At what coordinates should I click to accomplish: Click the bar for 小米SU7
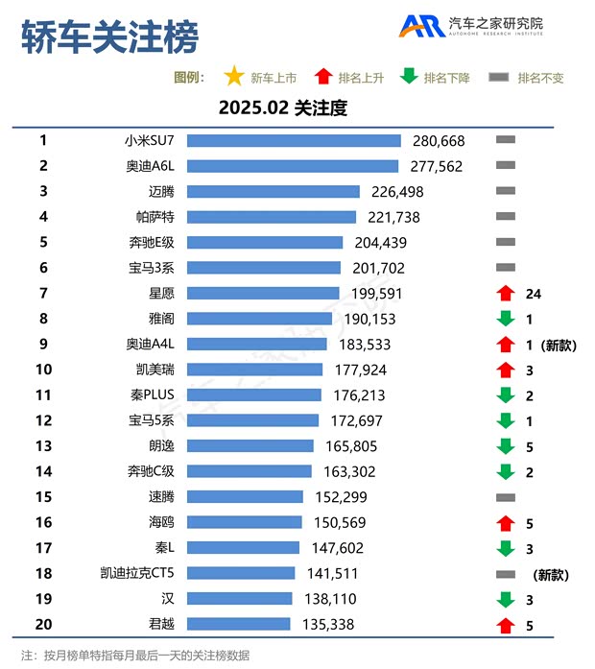(x=294, y=141)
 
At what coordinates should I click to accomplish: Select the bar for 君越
(x=238, y=624)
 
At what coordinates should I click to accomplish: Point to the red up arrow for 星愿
(x=506, y=294)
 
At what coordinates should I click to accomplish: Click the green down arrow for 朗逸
(x=506, y=445)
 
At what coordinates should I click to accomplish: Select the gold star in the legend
(x=233, y=77)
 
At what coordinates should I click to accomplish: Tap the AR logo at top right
(x=420, y=26)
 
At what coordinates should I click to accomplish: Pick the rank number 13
(x=43, y=445)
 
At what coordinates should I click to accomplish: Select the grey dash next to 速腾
(x=506, y=497)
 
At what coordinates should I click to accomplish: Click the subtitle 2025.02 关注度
(x=282, y=108)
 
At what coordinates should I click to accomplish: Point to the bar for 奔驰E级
(x=265, y=243)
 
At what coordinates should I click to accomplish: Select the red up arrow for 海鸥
(x=506, y=522)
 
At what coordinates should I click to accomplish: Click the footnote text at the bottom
(x=134, y=655)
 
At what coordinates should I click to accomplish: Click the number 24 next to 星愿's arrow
(x=534, y=294)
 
